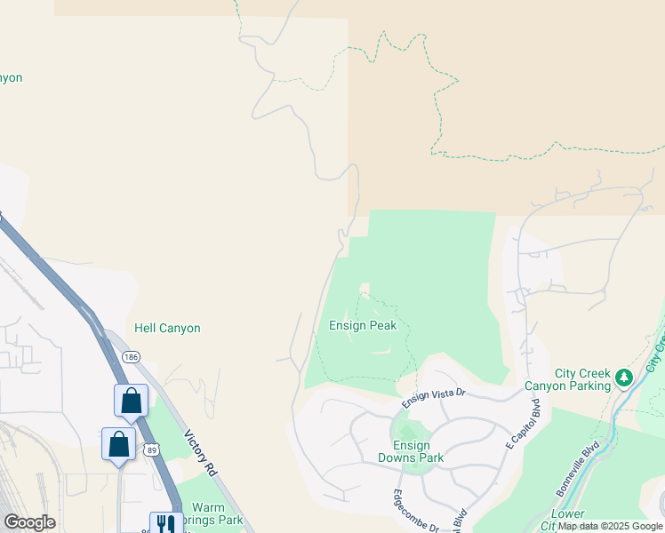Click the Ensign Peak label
[363, 325]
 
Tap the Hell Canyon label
[167, 328]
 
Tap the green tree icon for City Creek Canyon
[624, 378]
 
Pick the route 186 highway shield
[132, 356]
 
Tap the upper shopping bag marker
[132, 401]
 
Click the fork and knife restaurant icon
[165, 524]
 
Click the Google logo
[30, 521]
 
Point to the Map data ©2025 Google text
[610, 526]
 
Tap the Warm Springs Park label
[217, 514]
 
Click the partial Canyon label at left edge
[11, 77]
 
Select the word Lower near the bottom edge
[567, 514]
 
